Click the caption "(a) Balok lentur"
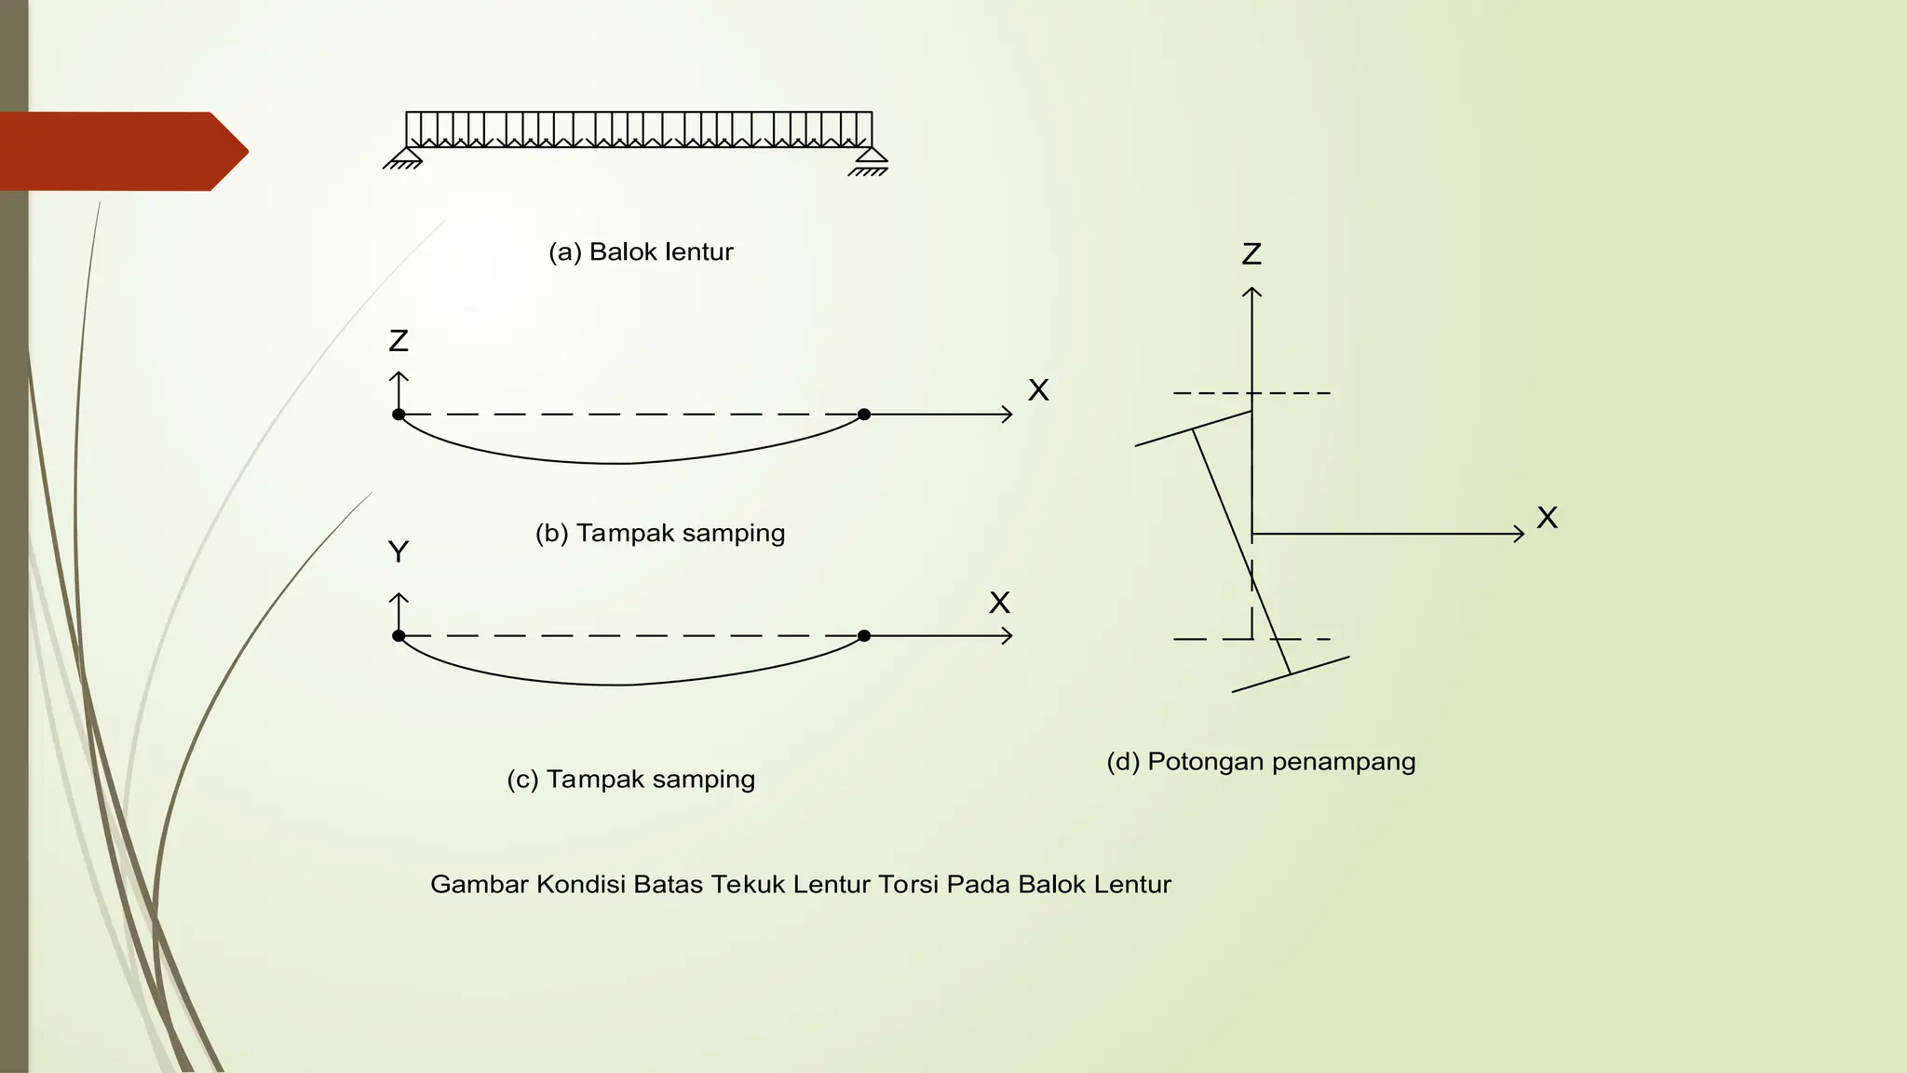(641, 252)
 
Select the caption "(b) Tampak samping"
(660, 534)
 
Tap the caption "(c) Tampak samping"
(630, 780)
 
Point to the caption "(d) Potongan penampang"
(1261, 762)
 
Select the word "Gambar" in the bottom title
(479, 884)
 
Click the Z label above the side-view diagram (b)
(399, 342)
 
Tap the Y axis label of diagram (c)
(399, 553)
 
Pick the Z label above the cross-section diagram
(1251, 254)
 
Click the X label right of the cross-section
(1547, 518)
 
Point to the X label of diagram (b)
(1038, 391)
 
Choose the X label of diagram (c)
(999, 604)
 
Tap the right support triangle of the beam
(872, 156)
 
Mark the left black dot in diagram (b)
(399, 414)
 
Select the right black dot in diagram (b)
(864, 414)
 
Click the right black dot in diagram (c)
(864, 636)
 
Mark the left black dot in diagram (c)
(399, 636)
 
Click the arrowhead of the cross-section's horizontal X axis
(1520, 534)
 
